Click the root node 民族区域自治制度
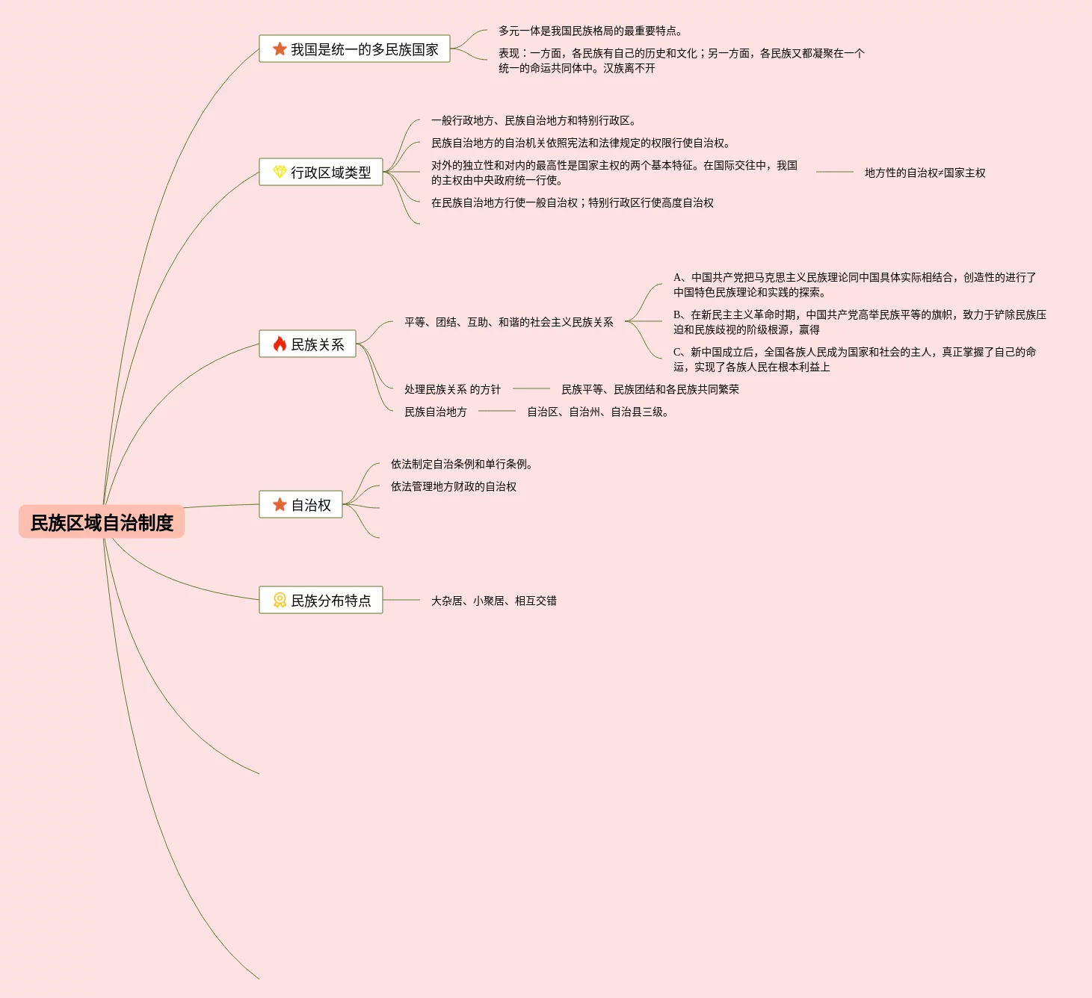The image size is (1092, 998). (102, 522)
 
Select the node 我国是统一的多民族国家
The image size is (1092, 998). (354, 49)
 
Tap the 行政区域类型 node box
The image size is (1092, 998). (321, 173)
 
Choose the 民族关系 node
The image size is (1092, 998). (307, 344)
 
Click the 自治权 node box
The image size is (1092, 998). (300, 505)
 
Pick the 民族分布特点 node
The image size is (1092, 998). (321, 601)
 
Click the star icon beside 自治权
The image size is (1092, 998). (280, 505)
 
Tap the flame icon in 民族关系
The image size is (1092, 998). (280, 344)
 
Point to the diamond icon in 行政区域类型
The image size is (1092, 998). (280, 172)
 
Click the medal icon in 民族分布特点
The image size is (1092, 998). (280, 600)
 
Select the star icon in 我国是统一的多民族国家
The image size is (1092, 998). (280, 49)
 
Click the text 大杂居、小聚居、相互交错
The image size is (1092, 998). (493, 601)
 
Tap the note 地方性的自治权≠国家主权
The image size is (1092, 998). (925, 173)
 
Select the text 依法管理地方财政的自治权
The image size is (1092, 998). (453, 486)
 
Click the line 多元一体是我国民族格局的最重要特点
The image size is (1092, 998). (590, 31)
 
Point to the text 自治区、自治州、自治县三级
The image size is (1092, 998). (597, 412)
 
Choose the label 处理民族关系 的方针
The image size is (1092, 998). (452, 389)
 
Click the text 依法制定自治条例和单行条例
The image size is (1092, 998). (461, 464)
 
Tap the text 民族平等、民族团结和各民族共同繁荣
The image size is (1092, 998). (650, 389)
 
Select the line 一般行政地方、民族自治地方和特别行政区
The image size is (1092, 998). (533, 120)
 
